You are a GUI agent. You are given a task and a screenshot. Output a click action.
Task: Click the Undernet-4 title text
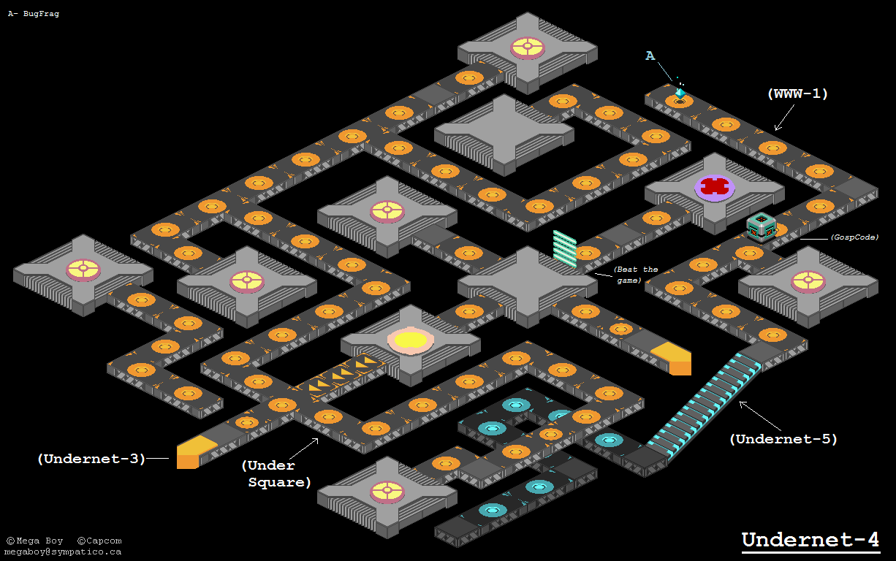tap(810, 540)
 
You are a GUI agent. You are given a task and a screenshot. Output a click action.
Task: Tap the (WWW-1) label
tap(797, 94)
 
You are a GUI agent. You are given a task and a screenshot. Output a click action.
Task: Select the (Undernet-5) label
tap(783, 439)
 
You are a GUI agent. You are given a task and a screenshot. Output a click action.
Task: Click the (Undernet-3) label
tap(91, 459)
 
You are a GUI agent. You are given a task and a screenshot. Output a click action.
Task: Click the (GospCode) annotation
tap(854, 237)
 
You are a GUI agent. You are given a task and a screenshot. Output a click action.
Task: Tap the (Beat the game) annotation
tap(636, 275)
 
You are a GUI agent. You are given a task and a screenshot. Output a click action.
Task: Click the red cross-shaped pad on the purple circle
tap(714, 186)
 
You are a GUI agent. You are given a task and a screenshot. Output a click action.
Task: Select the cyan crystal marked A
tap(680, 93)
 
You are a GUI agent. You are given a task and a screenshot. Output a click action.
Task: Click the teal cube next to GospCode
tap(760, 226)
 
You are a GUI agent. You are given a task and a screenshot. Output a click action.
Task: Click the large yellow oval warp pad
tap(411, 340)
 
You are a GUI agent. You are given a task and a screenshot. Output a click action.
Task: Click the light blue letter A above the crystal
tap(650, 56)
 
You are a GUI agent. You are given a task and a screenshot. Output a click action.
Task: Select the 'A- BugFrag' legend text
tap(33, 13)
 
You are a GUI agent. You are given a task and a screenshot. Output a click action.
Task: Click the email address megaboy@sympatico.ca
tap(63, 552)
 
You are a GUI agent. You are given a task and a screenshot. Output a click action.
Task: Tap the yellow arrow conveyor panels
tap(343, 373)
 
